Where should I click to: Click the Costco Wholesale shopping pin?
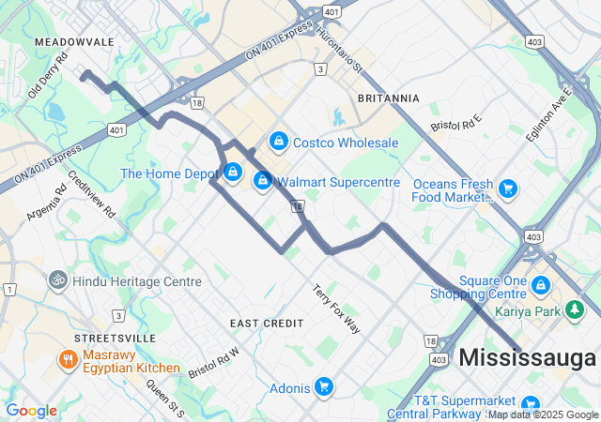(x=278, y=142)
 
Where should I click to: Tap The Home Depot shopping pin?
(x=232, y=173)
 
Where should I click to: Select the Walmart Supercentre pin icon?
(x=263, y=180)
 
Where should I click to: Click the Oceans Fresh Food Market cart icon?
(x=508, y=189)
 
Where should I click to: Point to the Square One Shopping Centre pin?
(x=541, y=284)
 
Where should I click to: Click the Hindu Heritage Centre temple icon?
(x=57, y=280)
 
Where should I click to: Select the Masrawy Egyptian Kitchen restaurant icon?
(x=68, y=360)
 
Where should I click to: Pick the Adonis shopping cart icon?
(x=324, y=385)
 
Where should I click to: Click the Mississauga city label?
(x=528, y=357)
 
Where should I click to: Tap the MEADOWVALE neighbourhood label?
(x=74, y=42)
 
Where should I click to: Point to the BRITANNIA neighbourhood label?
(x=389, y=98)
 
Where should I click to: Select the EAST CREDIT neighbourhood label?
(x=267, y=323)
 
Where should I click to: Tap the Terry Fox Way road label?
(x=336, y=309)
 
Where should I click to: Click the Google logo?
(x=31, y=411)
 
